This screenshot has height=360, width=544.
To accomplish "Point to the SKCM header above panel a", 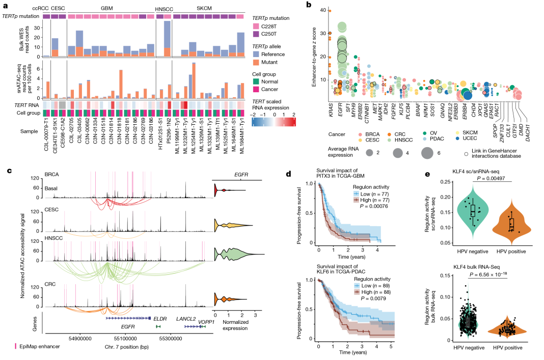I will coord(206,9).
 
